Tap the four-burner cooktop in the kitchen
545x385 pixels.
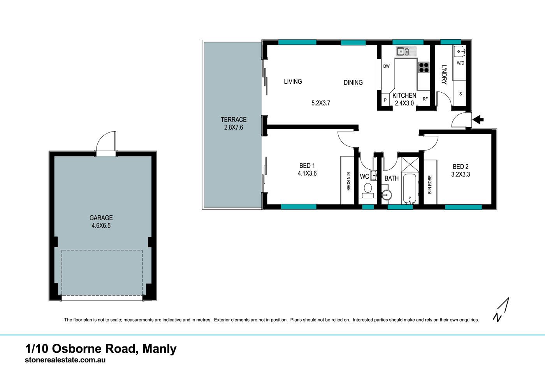pos(424,68)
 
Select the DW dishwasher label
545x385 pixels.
pos(386,66)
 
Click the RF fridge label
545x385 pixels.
pos(425,99)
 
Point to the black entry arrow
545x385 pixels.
pos(478,120)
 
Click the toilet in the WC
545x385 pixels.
pos(368,190)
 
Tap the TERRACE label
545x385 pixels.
pos(234,120)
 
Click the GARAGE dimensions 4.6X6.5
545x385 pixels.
pos(101,226)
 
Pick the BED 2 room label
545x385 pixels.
pos(461,167)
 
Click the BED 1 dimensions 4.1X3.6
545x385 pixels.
pos(307,174)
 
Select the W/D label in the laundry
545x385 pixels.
pos(460,63)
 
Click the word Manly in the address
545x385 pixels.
pos(159,348)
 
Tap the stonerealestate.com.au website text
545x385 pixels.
pos(65,360)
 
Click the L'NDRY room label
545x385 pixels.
pos(444,75)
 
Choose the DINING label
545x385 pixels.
pos(353,83)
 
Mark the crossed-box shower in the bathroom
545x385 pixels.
pos(410,164)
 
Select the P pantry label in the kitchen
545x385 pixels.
pos(385,100)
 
